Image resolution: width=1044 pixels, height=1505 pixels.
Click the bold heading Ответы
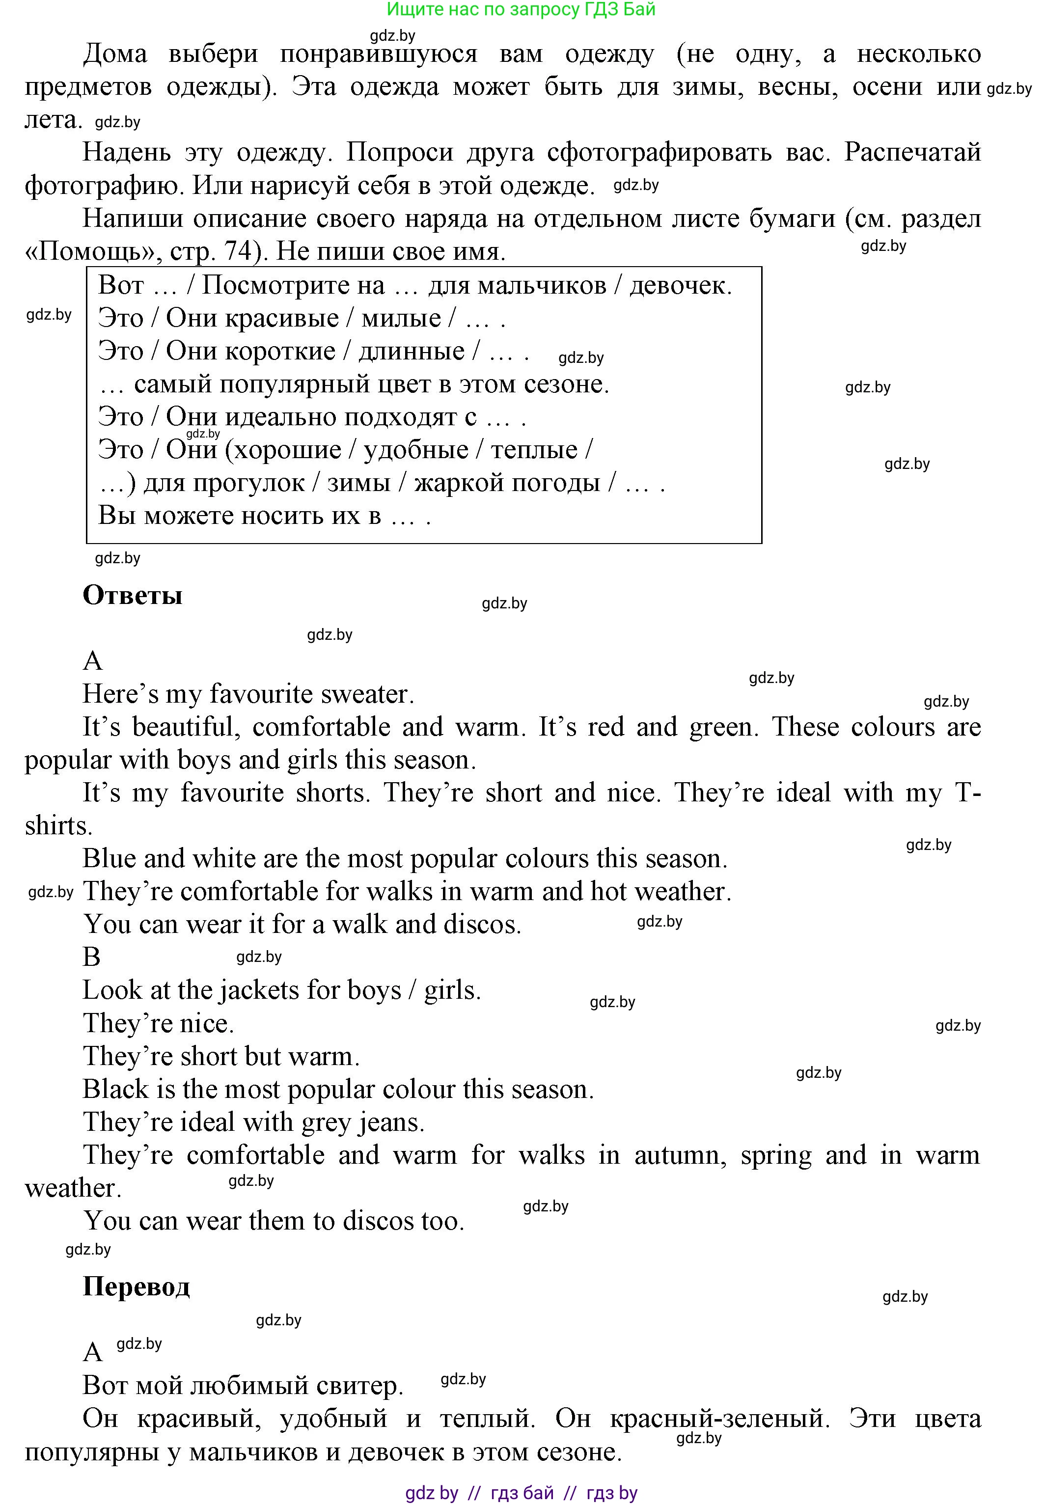pos(132,595)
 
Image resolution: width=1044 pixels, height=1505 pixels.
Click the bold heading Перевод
pos(136,1286)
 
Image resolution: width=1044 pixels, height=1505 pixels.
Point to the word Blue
pos(108,858)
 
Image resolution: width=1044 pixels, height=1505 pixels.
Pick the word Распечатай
pos(912,152)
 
